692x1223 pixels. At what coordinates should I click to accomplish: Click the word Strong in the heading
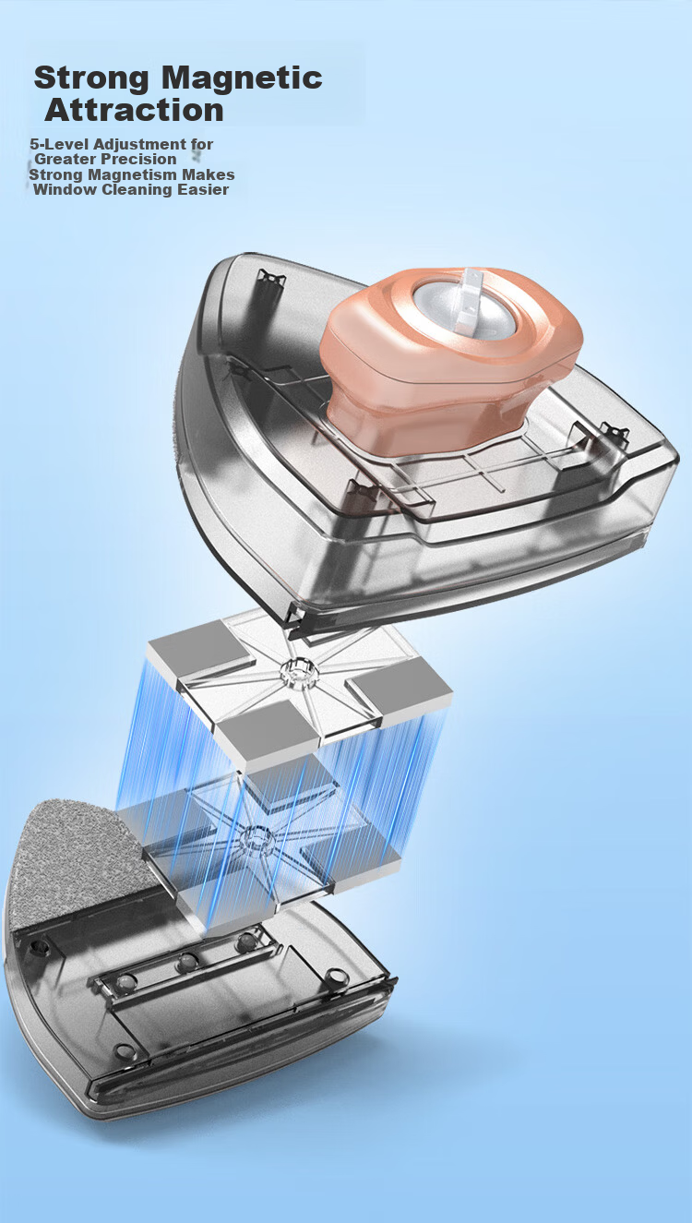point(90,78)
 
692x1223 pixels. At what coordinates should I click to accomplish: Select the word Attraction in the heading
point(135,110)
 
